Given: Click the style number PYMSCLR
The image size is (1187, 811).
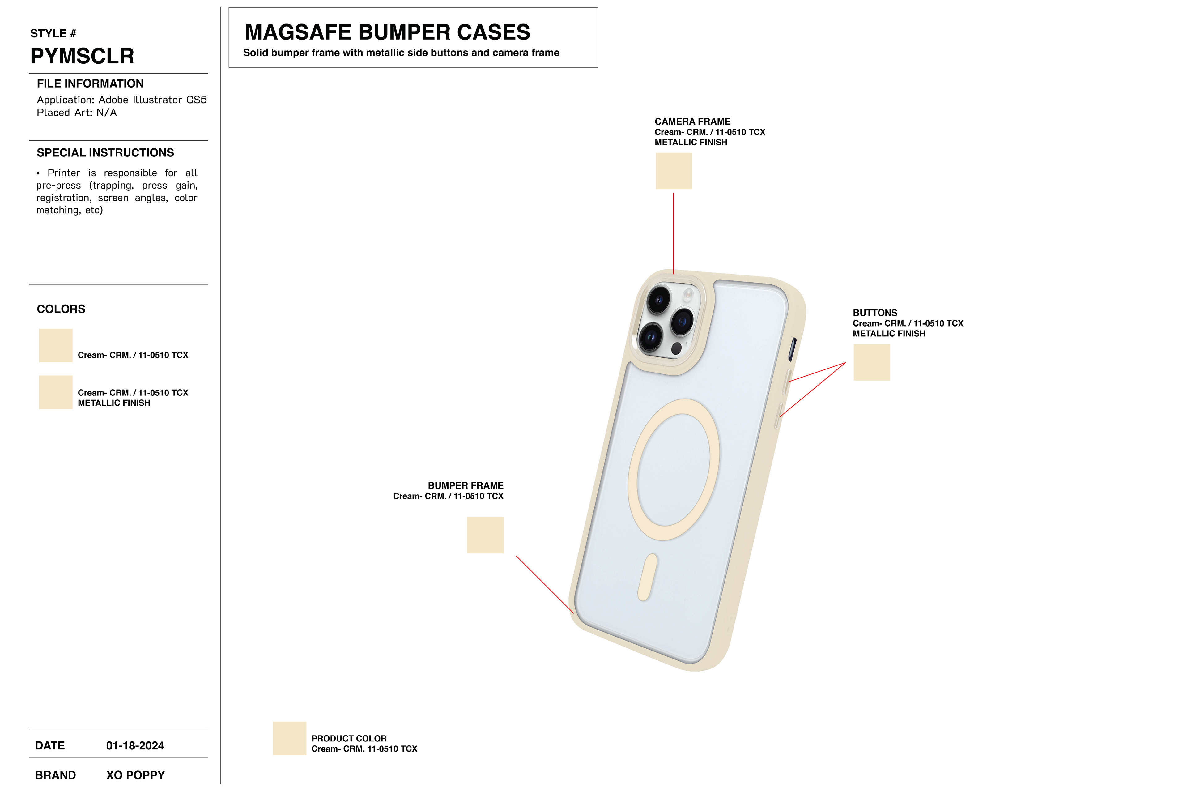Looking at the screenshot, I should tap(82, 56).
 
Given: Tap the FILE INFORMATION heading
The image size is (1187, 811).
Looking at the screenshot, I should tap(90, 84).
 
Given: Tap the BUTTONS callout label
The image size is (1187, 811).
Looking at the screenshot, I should tap(874, 313).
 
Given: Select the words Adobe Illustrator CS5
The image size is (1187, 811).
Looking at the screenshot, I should tap(152, 100).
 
